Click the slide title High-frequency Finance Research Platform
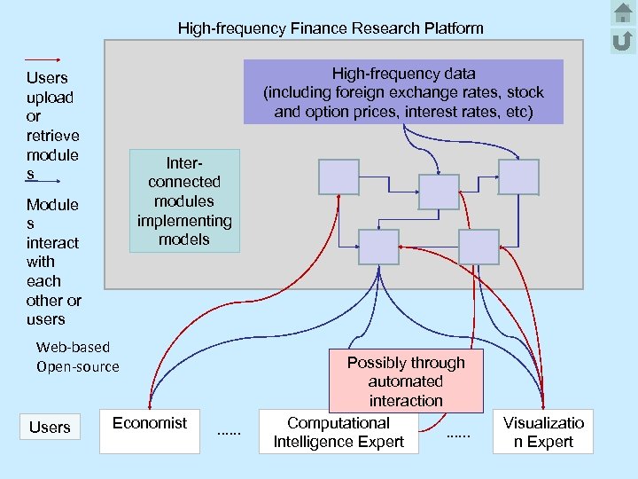[x=331, y=28]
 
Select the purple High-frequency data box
[x=403, y=91]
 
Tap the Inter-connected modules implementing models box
[x=184, y=201]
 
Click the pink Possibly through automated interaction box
[x=406, y=381]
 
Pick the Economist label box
[x=150, y=430]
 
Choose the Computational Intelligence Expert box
[x=338, y=432]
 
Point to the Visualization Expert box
[x=543, y=432]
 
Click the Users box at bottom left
[x=50, y=428]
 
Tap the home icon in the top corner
[x=622, y=13]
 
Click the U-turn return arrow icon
[x=622, y=40]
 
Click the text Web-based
[x=73, y=347]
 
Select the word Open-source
[x=77, y=366]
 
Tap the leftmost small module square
[x=338, y=177]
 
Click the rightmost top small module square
[x=518, y=177]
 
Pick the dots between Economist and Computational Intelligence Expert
[x=229, y=432]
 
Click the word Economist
[x=150, y=422]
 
